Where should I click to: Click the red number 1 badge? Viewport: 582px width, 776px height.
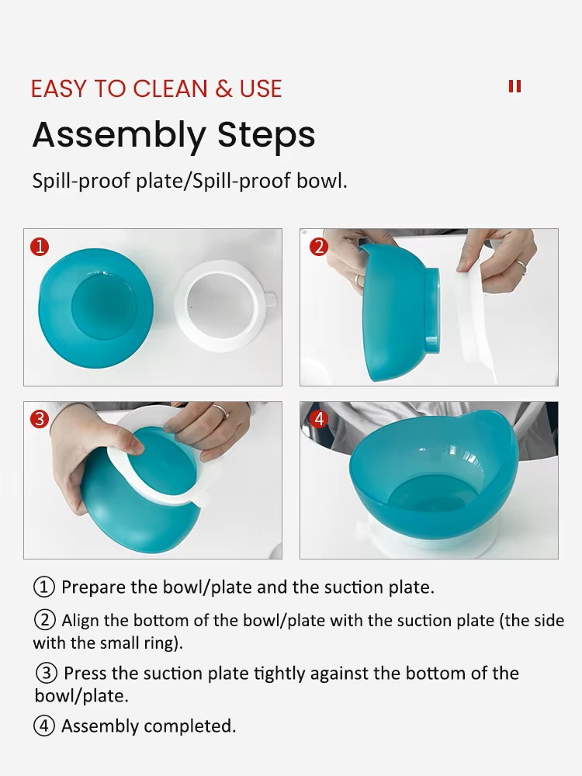coord(40,247)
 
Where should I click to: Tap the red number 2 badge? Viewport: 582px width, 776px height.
coord(319,247)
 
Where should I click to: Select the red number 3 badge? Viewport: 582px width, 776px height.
coord(40,419)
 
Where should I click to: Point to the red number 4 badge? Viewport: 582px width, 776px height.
coord(319,419)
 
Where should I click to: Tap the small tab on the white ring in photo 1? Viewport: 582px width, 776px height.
coord(270,300)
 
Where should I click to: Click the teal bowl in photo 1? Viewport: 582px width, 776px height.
coord(96,308)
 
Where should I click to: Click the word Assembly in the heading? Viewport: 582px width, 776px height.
coord(119,135)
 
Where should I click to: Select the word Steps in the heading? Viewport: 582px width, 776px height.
coord(266,135)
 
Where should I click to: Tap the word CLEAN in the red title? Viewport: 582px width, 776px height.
coord(170,89)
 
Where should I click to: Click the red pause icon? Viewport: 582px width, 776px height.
coord(514,87)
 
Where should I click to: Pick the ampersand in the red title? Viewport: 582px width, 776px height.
coord(223,89)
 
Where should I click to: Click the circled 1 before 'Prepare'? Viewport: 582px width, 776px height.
coord(44,587)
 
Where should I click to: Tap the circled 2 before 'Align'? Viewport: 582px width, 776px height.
coord(44,620)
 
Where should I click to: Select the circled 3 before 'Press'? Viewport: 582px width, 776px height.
coord(47,673)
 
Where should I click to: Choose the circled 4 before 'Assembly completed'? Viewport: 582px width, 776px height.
coord(44,726)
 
